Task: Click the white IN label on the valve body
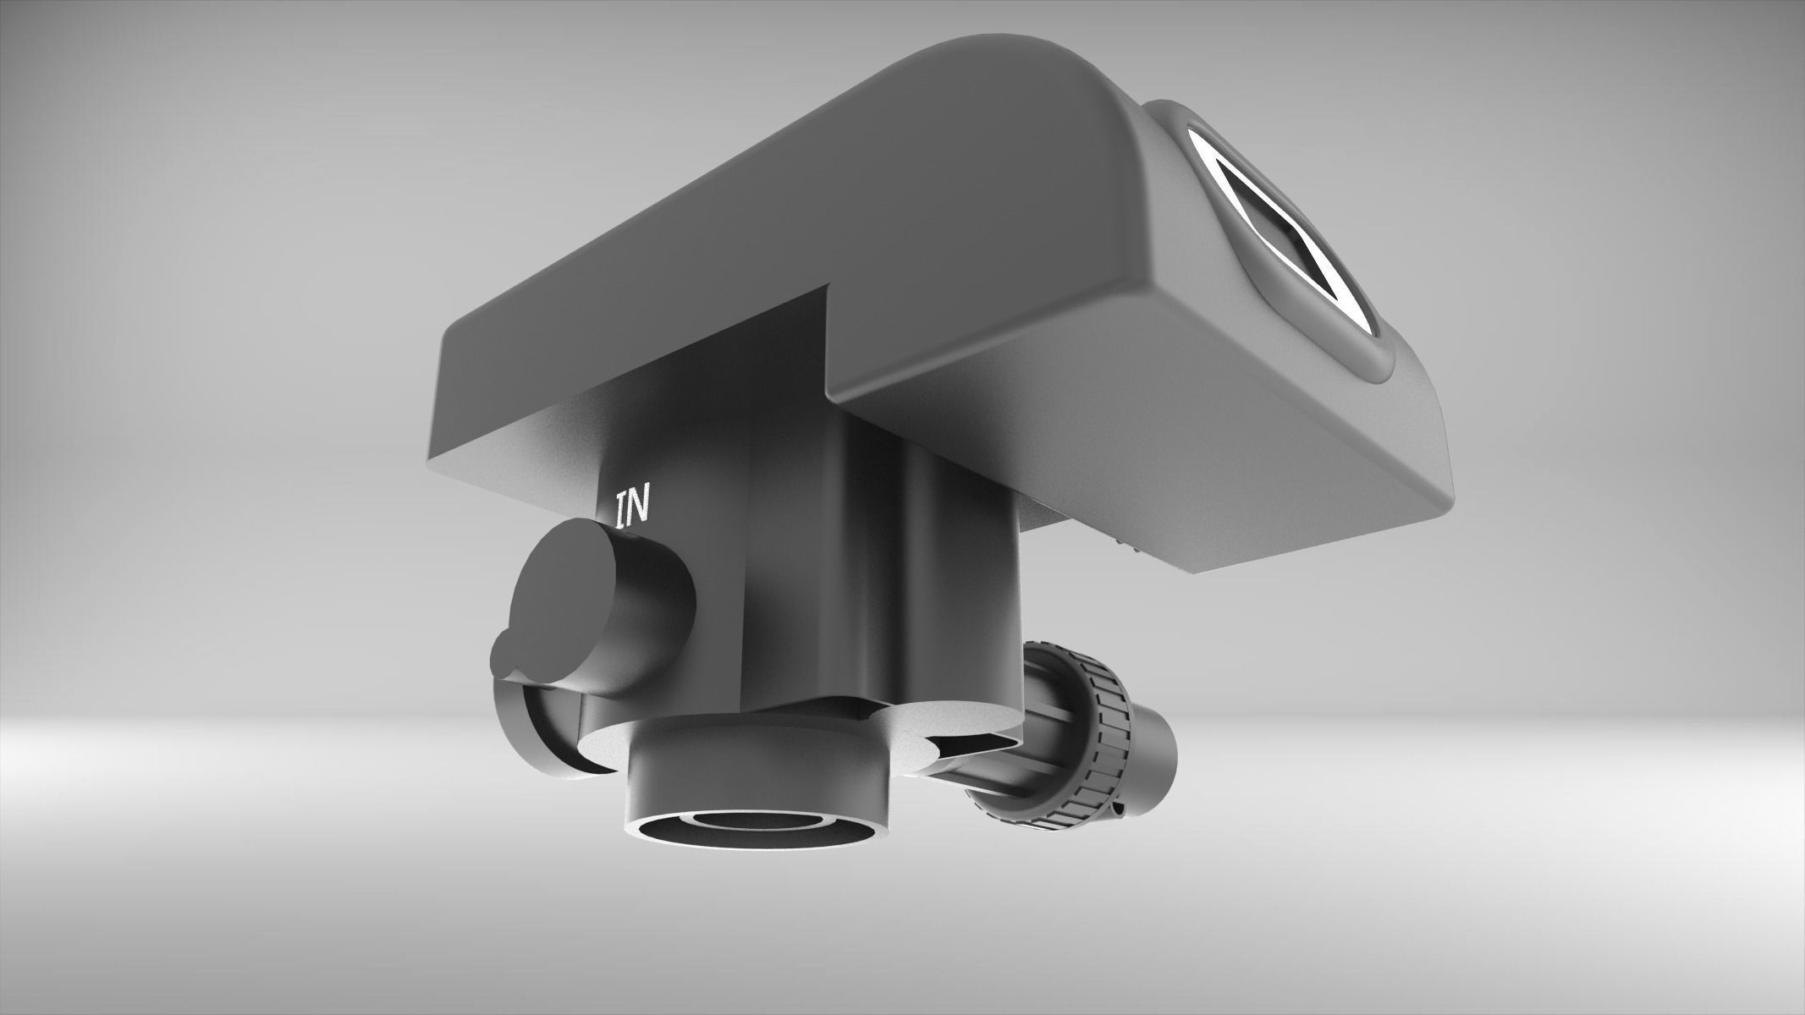point(633,508)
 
